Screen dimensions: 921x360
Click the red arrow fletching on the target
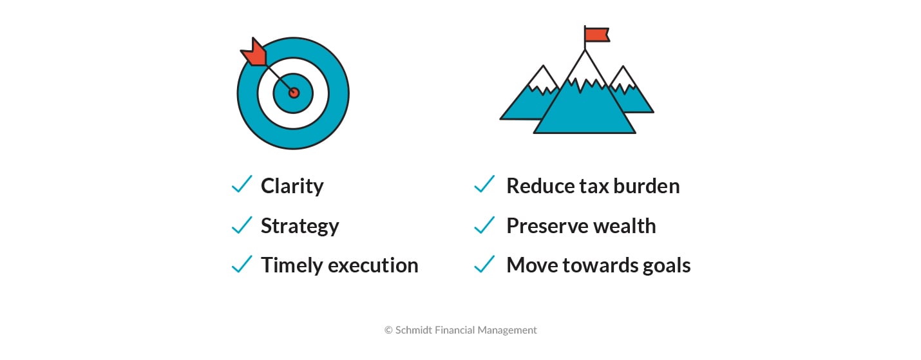click(x=254, y=53)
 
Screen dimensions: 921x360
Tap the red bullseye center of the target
click(x=294, y=93)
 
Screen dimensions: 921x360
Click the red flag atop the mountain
click(x=597, y=35)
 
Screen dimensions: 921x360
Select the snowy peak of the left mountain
click(x=543, y=79)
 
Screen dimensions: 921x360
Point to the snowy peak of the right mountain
click(x=623, y=79)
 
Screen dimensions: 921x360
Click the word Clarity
click(x=292, y=186)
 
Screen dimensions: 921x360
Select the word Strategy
click(x=300, y=226)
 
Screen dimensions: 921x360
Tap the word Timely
click(x=292, y=265)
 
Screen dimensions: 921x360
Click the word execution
click(x=374, y=265)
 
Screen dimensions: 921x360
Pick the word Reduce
click(x=540, y=186)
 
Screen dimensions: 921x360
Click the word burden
click(x=647, y=186)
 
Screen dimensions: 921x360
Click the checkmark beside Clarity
click(x=242, y=184)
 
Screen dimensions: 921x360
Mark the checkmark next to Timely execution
click(x=242, y=264)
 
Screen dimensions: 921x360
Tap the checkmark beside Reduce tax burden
click(x=484, y=184)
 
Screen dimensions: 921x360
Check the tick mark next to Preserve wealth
click(x=484, y=224)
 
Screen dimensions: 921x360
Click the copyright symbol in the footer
click(x=388, y=330)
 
